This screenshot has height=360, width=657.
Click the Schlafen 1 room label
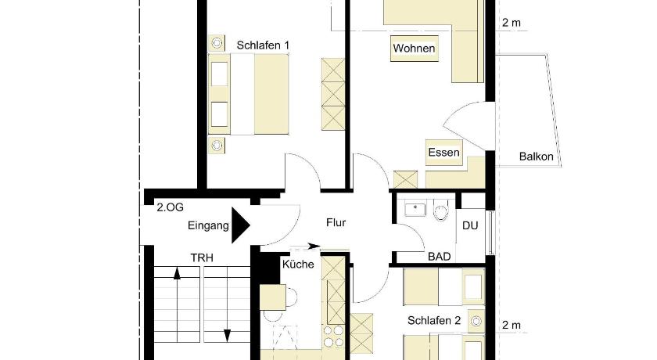(x=263, y=45)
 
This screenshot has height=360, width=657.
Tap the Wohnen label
(x=414, y=49)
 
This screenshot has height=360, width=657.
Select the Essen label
(x=443, y=152)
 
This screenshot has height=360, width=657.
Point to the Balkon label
(x=536, y=157)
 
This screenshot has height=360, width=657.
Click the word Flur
(x=336, y=222)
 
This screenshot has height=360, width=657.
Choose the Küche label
(x=298, y=264)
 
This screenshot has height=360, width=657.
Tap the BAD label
(x=439, y=257)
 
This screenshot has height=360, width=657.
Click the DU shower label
(x=470, y=226)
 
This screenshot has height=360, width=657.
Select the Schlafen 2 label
(x=434, y=321)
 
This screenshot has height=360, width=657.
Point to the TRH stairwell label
(x=202, y=257)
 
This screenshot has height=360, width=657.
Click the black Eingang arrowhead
(x=241, y=225)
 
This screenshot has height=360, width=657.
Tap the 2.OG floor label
(x=171, y=207)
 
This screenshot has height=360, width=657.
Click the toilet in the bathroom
(x=441, y=211)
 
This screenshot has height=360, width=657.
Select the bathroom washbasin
(x=415, y=209)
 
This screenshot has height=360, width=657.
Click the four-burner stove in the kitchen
(x=333, y=336)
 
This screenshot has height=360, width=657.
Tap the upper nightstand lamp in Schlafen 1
(x=217, y=42)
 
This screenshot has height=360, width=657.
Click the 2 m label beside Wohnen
(x=512, y=23)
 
